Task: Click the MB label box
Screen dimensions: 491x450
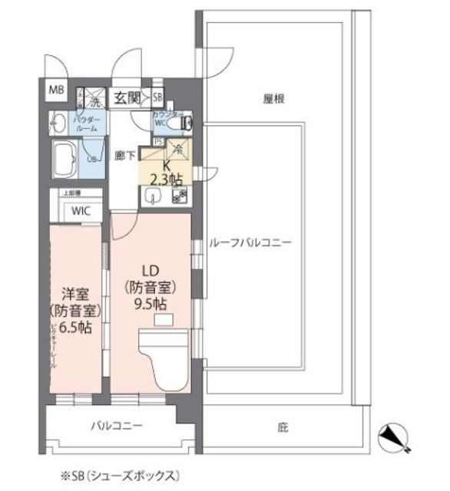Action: click(57, 90)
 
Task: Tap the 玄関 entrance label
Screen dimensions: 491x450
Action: click(127, 97)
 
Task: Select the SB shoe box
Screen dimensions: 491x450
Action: click(157, 97)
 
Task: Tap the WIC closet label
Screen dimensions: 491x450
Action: click(81, 210)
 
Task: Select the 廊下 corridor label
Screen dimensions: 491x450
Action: click(126, 154)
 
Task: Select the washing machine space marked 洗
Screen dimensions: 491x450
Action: click(94, 99)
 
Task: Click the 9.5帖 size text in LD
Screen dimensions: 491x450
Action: click(151, 303)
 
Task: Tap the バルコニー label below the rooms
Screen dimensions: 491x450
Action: click(117, 424)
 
